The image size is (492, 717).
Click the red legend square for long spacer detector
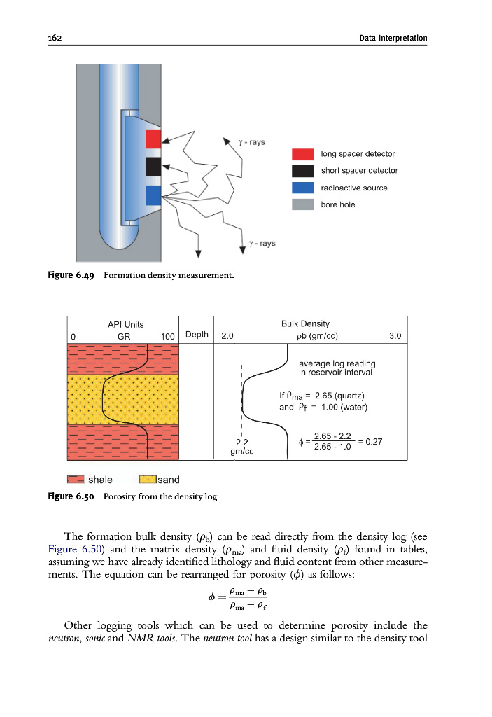302,154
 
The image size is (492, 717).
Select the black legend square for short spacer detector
302,171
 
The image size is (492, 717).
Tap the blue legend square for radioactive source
302,188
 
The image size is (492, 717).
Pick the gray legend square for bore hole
302,204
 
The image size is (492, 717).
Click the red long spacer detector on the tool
154,139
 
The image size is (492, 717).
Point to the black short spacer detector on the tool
154,167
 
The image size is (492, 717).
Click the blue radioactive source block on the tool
154,195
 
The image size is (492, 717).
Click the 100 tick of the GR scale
167,336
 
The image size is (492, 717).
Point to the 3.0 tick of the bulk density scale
395,336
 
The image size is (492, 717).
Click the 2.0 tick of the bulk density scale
227,336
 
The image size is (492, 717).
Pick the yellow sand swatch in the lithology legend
148,480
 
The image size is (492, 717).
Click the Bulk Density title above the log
305,323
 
